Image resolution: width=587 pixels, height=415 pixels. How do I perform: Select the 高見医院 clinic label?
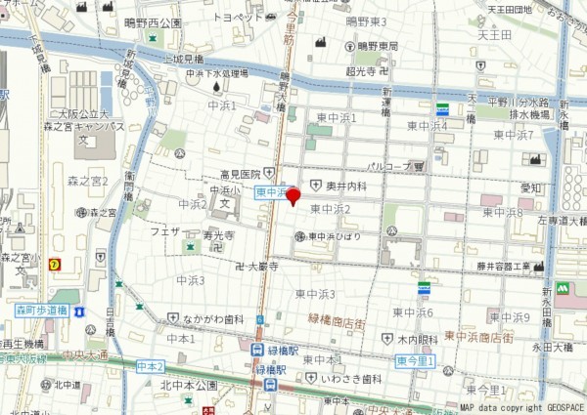[x=239, y=174]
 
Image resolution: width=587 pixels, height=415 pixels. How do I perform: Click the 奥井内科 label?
[x=346, y=186]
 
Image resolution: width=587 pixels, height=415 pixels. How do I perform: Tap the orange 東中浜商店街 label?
[x=478, y=337]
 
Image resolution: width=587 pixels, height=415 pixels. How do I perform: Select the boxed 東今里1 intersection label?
[x=416, y=361]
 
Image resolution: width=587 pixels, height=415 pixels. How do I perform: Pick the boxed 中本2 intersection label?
[x=151, y=366]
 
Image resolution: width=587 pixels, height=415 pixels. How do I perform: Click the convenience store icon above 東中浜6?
[x=424, y=289]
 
